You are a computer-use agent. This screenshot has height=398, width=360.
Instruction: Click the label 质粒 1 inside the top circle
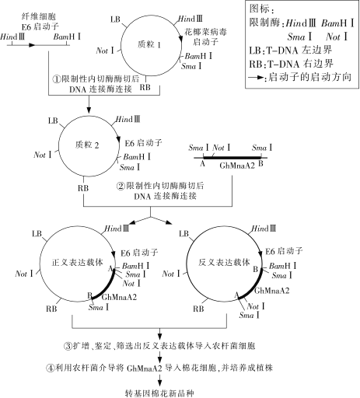click(149, 44)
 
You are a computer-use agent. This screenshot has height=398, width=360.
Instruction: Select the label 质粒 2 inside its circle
click(87, 145)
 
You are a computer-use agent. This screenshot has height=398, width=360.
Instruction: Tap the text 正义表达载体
click(77, 263)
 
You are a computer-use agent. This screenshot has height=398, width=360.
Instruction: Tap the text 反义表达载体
click(224, 263)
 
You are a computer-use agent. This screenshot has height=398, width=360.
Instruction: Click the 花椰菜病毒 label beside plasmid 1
click(205, 32)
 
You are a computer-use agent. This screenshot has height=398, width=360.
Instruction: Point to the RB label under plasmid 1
click(145, 87)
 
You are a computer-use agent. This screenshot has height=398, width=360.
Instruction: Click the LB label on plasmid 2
click(53, 120)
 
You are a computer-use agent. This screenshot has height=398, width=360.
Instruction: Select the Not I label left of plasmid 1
click(105, 51)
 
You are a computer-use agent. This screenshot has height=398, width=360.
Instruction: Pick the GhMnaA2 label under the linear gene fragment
click(237, 166)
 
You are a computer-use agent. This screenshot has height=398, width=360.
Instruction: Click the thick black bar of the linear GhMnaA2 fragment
click(232, 157)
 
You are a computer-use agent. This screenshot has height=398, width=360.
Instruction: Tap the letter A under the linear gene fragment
click(203, 163)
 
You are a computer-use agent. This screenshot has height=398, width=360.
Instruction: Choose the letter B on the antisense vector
click(256, 270)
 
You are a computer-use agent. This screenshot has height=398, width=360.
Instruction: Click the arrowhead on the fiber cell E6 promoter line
click(32, 45)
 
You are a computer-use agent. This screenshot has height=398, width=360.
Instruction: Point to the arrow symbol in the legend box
click(256, 77)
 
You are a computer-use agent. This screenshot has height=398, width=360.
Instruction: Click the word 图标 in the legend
click(259, 9)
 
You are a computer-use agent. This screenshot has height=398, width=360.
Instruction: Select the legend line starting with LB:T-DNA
click(291, 50)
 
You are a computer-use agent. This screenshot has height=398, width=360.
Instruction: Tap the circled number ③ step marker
click(68, 346)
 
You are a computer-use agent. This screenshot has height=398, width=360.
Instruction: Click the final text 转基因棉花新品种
click(159, 393)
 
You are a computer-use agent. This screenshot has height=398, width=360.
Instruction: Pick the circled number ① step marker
click(57, 79)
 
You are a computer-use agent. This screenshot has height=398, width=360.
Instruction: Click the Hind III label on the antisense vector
click(264, 229)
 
